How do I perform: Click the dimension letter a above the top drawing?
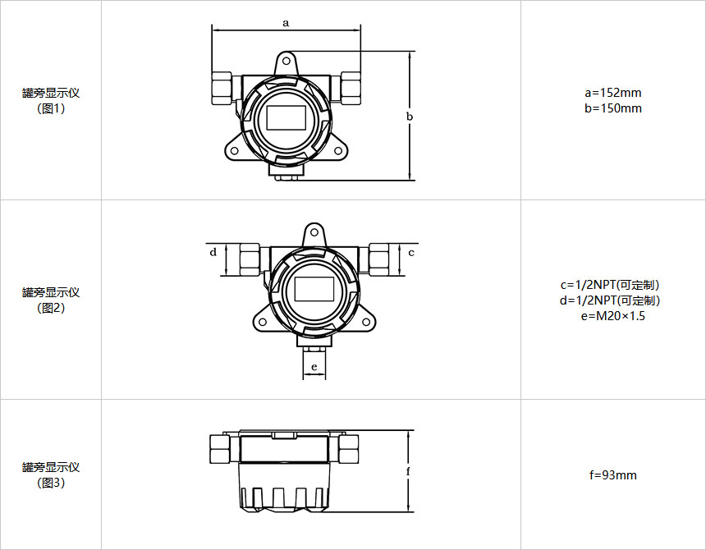click(x=286, y=22)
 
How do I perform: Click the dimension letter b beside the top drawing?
click(x=410, y=116)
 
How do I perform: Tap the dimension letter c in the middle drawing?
click(x=411, y=253)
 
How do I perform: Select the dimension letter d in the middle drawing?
click(x=213, y=251)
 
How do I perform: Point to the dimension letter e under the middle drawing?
click(x=314, y=367)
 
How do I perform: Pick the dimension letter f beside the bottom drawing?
click(x=408, y=471)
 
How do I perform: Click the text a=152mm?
click(x=612, y=93)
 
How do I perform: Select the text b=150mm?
click(x=612, y=108)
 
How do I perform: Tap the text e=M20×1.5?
click(x=612, y=316)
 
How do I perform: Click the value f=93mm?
click(x=612, y=474)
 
